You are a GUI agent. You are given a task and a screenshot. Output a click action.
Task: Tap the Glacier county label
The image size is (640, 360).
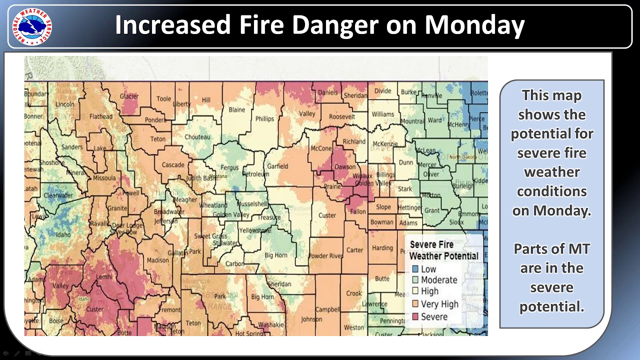[x=129, y=96]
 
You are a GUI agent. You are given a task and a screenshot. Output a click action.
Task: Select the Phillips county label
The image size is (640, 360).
[x=264, y=119]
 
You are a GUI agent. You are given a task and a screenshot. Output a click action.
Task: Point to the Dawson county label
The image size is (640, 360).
[x=345, y=167]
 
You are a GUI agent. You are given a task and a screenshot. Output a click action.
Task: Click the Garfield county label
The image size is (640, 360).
[x=277, y=166]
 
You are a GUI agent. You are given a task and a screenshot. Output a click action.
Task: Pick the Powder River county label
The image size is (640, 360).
[x=325, y=256]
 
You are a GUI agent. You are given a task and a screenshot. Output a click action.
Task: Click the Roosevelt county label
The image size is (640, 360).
[x=342, y=116]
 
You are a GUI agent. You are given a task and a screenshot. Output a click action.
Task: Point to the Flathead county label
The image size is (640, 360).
[x=100, y=116]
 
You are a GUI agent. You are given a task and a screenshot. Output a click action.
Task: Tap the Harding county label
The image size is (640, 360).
[x=382, y=247]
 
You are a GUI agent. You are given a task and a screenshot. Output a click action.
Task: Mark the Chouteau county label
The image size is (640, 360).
[x=197, y=136]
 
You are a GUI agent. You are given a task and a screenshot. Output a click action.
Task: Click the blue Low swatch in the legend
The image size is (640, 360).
[x=414, y=269]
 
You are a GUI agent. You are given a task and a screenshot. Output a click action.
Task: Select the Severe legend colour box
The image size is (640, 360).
[x=414, y=316]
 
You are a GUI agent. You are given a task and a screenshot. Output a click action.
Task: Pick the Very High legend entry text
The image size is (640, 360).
[x=439, y=304]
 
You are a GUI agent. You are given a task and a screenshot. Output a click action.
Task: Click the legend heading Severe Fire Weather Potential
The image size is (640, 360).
[x=443, y=250]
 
